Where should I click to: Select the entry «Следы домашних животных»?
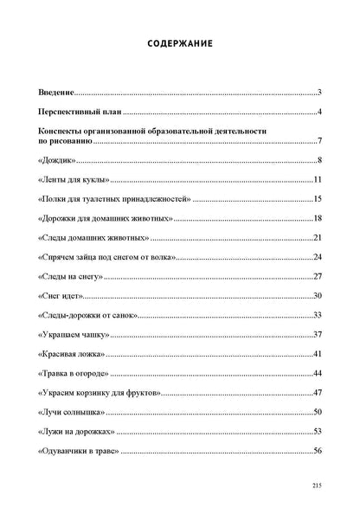(x=93, y=238)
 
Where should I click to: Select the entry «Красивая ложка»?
(x=72, y=354)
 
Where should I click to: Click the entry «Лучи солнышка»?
(x=71, y=412)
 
